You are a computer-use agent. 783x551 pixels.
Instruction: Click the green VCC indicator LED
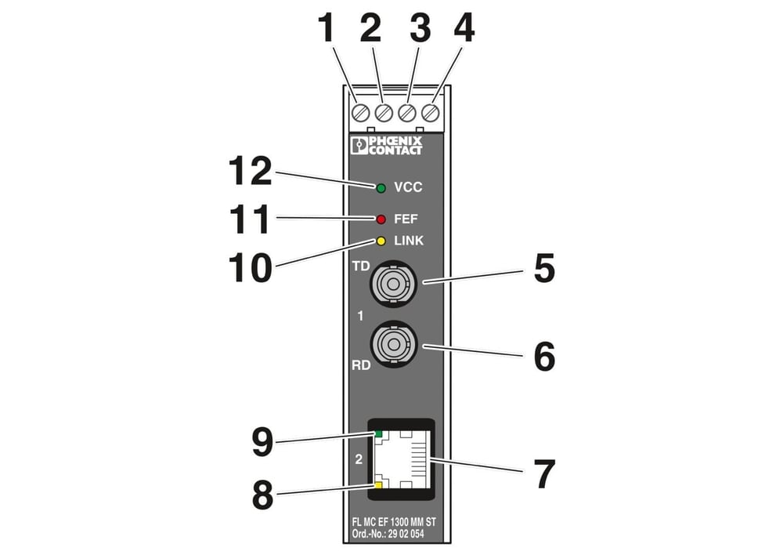[381, 188]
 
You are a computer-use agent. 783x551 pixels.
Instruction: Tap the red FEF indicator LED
[381, 219]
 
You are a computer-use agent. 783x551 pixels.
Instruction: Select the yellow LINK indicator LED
[381, 241]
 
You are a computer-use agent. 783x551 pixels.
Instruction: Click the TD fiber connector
[394, 285]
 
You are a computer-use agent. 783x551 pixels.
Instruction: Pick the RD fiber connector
[394, 345]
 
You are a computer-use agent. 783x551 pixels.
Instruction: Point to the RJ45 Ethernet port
[401, 459]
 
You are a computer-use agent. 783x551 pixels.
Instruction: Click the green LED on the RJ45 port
[378, 433]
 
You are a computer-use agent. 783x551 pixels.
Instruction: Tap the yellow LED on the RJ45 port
[378, 485]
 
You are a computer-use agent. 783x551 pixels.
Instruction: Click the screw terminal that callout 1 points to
[360, 113]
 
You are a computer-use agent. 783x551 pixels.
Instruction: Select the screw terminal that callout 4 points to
[431, 113]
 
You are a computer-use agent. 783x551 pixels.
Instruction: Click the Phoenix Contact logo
[387, 145]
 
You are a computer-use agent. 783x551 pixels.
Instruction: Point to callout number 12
[251, 171]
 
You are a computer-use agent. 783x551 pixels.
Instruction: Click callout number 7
[544, 474]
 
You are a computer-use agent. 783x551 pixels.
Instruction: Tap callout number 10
[251, 268]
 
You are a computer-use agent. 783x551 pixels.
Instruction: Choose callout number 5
[544, 269]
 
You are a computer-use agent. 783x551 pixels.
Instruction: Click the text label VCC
[408, 187]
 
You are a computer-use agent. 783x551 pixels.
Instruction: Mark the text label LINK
[409, 241]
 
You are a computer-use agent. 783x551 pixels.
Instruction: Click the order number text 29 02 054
[406, 534]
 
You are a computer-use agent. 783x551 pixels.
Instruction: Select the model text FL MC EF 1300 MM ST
[394, 522]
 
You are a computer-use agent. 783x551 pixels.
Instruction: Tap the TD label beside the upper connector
[360, 266]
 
